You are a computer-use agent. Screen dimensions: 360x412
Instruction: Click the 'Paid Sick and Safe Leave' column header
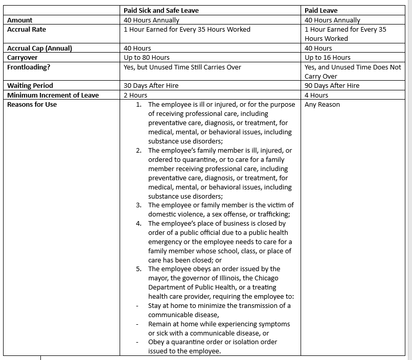161,10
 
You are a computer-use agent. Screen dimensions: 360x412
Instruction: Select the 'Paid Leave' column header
321,10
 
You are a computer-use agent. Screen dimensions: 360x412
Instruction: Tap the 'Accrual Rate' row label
27,30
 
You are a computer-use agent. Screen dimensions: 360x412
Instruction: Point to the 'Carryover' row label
22,58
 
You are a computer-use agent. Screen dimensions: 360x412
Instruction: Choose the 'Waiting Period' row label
30,86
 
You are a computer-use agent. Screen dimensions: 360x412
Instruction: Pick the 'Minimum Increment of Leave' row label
53,95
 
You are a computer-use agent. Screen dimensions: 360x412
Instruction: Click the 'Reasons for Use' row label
32,105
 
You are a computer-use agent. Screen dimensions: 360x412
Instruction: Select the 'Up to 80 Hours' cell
147,58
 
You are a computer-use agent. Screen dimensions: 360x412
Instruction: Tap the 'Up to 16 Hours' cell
328,58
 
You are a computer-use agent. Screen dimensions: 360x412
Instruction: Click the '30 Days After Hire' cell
151,86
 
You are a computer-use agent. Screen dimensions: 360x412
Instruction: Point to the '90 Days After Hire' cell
332,86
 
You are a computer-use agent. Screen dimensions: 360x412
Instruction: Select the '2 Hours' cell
135,95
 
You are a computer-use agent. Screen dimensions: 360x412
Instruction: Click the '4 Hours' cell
316,95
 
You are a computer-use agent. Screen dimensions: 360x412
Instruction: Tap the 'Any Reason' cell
322,105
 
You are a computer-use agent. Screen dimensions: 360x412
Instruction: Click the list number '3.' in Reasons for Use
139,205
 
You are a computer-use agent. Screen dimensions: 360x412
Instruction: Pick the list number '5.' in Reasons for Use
139,269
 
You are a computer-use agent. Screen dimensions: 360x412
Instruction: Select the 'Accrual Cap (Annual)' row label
39,49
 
